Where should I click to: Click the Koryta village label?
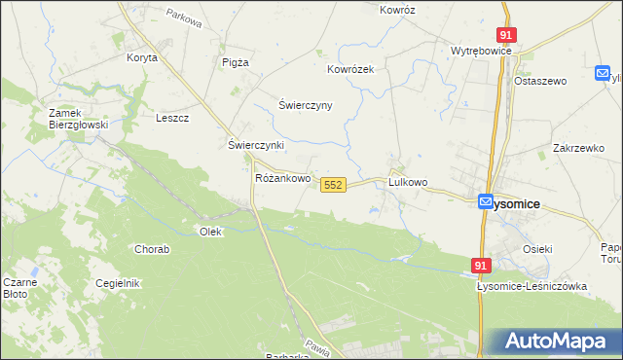click(x=142, y=57)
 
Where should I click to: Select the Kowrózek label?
click(x=351, y=70)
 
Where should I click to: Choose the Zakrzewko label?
click(x=578, y=148)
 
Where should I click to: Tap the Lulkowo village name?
click(x=408, y=182)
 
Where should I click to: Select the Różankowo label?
click(x=282, y=179)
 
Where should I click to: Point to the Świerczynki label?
click(x=256, y=145)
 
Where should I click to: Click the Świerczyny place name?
click(x=306, y=105)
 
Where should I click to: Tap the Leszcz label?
click(x=172, y=118)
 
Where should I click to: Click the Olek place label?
click(x=210, y=232)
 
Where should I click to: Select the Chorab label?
click(x=152, y=249)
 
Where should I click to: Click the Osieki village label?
click(x=537, y=249)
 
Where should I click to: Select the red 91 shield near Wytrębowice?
click(x=506, y=35)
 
